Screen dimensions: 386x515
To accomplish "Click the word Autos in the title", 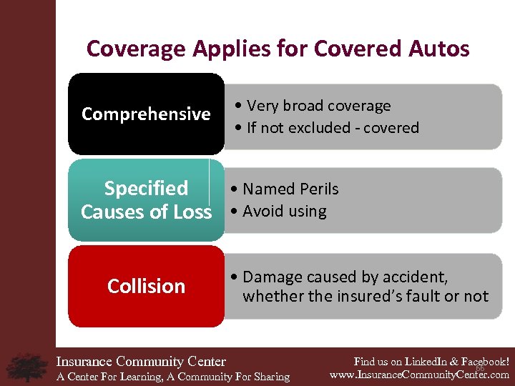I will pyautogui.click(x=437, y=49).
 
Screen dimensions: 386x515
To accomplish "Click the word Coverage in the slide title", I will pyautogui.click(x=126, y=49).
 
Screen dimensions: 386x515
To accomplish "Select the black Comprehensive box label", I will pyautogui.click(x=146, y=114).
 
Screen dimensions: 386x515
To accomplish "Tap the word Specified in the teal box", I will pyautogui.click(x=146, y=188).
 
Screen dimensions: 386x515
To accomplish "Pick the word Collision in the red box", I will pyautogui.click(x=146, y=286).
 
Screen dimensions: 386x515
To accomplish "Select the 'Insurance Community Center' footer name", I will pyautogui.click(x=141, y=362).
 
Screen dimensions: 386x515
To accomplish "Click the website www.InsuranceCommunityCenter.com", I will pyautogui.click(x=418, y=375).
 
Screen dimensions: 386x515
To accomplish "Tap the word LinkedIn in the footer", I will pyautogui.click(x=422, y=362).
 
